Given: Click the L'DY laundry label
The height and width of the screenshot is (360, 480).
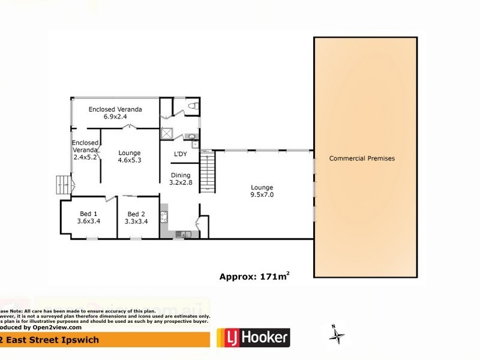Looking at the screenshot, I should click(179, 155).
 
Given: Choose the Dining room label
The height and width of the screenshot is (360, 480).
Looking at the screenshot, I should click(180, 175).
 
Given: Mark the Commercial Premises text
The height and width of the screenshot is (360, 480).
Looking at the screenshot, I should click(362, 158).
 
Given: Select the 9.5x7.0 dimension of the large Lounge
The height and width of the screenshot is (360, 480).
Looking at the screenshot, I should click(261, 194).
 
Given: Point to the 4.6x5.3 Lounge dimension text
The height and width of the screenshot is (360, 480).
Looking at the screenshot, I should click(129, 160).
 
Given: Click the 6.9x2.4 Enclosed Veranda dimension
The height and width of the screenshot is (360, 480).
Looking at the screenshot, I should click(115, 116).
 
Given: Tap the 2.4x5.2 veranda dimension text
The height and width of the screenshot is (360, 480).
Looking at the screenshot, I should click(85, 157).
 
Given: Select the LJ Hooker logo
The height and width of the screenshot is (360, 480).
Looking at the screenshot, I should click(253, 337).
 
